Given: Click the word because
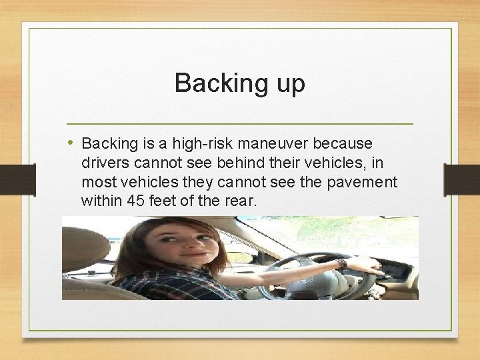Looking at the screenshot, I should click(x=347, y=143).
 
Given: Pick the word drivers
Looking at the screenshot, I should click(x=104, y=162).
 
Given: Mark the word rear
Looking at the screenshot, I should click(x=241, y=200).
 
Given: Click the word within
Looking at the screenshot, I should click(x=101, y=200).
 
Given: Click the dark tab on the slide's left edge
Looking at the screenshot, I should click(x=17, y=180).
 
